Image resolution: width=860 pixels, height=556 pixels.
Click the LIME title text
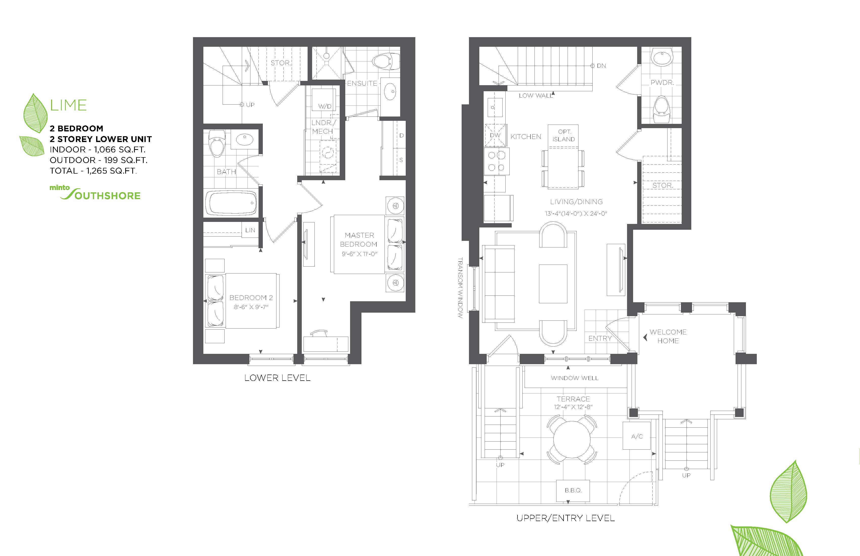[x=68, y=105]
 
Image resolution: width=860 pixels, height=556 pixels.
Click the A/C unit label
[x=637, y=436]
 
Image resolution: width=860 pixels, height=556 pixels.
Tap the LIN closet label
[x=250, y=230]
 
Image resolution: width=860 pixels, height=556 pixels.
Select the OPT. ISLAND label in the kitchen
[x=564, y=135]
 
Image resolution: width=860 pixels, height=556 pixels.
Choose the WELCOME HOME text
[x=668, y=336]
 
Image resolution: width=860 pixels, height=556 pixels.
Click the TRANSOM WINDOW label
[x=460, y=288]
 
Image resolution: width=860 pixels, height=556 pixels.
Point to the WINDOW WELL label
[x=574, y=378]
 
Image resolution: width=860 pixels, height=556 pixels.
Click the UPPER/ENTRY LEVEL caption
[x=566, y=518]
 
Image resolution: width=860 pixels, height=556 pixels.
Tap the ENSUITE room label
[x=362, y=83]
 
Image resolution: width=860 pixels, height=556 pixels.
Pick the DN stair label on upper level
[x=601, y=66]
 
